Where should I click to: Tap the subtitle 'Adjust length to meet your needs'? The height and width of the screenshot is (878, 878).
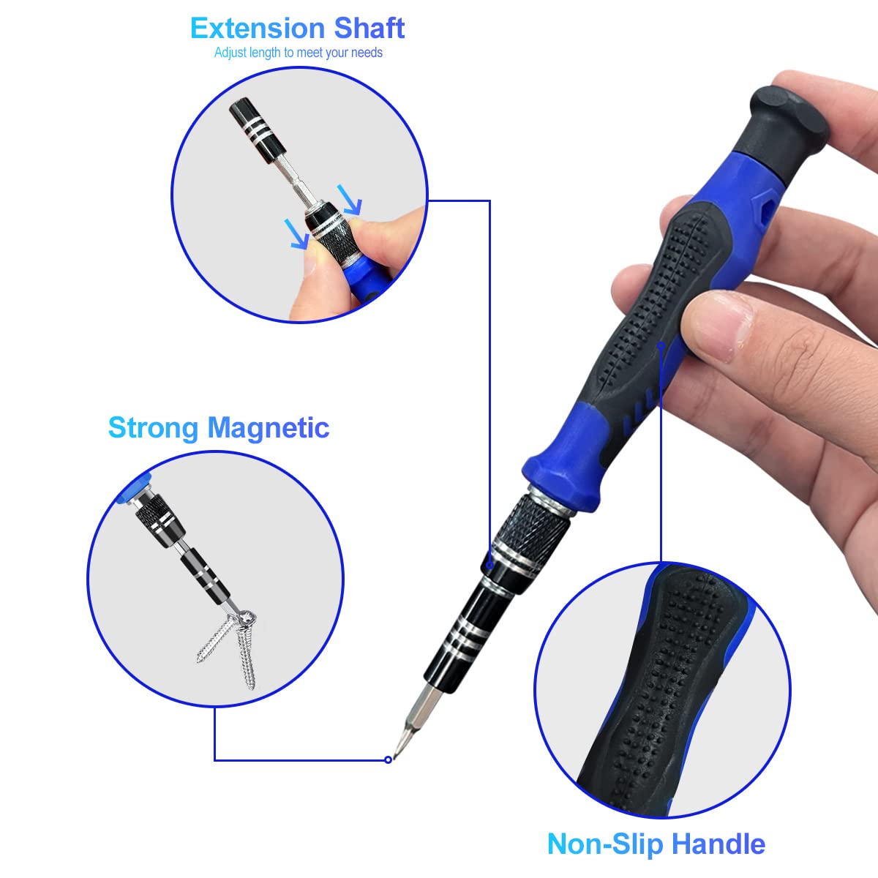(299, 53)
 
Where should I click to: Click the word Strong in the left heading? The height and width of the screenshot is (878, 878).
(154, 427)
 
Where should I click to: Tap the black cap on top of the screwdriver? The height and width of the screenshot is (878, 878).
(787, 117)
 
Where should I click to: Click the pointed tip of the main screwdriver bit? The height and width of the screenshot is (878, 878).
(396, 751)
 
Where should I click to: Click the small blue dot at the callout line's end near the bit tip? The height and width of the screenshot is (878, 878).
(388, 759)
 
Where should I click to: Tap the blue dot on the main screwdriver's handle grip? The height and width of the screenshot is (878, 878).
(661, 345)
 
